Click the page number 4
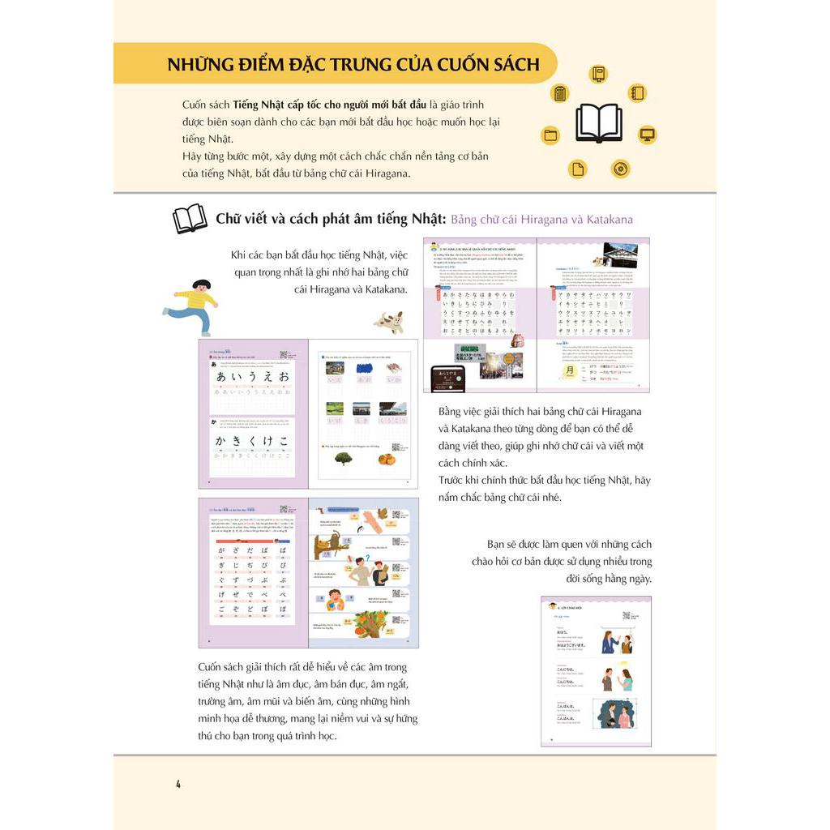point(178,784)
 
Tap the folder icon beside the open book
point(551,135)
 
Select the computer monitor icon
point(647,134)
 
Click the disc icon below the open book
point(620,169)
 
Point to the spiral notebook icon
point(636,93)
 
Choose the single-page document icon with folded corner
point(578,169)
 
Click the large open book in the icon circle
point(599,123)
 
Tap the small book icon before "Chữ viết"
point(190,219)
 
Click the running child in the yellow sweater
point(191,306)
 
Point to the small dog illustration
point(388,322)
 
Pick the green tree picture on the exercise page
point(343,458)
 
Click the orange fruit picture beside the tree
point(387,458)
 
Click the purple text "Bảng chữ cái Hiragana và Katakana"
point(541,220)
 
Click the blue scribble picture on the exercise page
point(364,368)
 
